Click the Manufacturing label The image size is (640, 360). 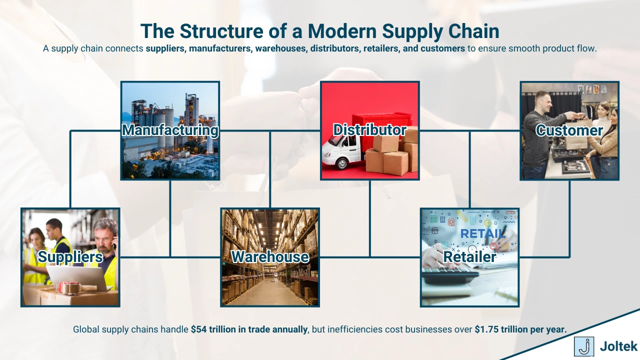170,130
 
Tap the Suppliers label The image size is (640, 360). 70,257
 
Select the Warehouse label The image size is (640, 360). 270,257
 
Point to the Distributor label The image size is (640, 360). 370,130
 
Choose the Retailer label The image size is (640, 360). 469,257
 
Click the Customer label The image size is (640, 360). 569,130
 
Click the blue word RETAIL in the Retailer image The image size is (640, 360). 482,233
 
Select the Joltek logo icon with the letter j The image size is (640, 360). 583,346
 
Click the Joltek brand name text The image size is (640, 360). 618,346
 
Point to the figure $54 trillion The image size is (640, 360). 214,329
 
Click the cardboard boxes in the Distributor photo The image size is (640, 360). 395,155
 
